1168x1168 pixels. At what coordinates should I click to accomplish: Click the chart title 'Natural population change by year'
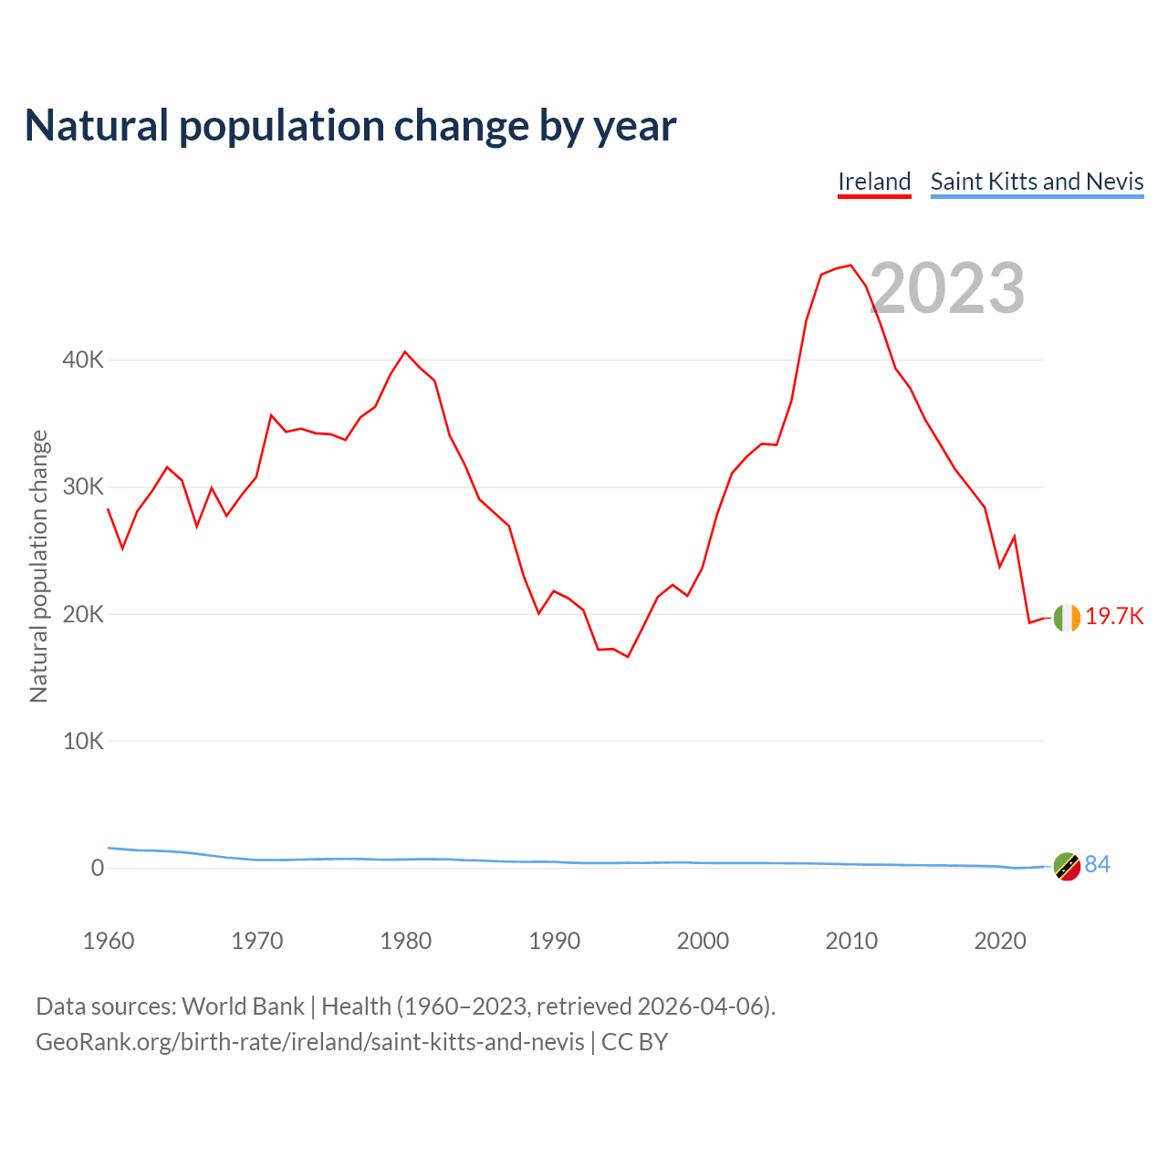tap(350, 126)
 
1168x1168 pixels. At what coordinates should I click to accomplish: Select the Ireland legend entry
tap(874, 182)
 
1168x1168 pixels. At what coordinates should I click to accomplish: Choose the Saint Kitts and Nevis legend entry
tap(1037, 182)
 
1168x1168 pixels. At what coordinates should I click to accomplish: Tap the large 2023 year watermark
tap(947, 288)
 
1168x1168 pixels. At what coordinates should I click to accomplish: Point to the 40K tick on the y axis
tap(83, 360)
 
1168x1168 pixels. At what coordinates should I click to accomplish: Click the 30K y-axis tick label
tap(83, 486)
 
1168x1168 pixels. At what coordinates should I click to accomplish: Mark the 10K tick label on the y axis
tap(83, 741)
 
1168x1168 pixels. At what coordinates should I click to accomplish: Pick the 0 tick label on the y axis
tap(97, 868)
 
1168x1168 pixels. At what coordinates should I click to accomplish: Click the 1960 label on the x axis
tap(109, 941)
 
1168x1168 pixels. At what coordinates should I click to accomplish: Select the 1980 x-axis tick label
tap(406, 941)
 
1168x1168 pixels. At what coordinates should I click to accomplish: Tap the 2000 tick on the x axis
tap(703, 941)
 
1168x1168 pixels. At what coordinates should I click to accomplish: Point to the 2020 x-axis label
tap(1000, 941)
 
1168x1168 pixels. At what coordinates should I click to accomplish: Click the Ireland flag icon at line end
tap(1067, 618)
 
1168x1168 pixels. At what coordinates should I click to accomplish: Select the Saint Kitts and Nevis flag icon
tap(1067, 866)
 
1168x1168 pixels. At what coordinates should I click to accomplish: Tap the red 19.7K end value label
tap(1114, 616)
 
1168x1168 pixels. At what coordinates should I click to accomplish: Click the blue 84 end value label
tap(1098, 865)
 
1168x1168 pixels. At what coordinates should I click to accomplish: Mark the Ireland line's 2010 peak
tap(850, 266)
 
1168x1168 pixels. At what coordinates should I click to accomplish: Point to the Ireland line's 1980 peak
tap(405, 352)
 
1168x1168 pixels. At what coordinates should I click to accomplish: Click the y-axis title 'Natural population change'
tap(38, 566)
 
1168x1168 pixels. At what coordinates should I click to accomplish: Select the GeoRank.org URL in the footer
tap(310, 1041)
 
